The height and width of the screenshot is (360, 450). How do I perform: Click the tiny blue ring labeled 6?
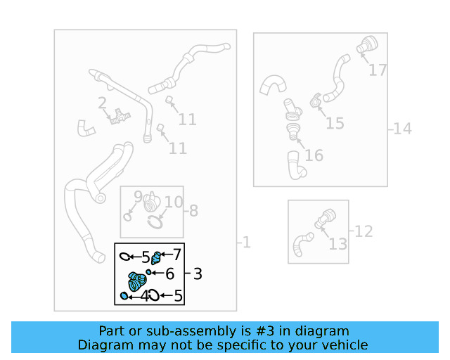150,272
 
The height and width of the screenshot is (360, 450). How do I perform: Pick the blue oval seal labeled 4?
125,296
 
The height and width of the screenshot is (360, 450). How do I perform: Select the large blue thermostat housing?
135,282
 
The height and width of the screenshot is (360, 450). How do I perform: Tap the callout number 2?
102,104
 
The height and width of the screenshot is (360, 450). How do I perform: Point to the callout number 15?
335,123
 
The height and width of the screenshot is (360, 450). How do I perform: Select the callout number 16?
314,155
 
